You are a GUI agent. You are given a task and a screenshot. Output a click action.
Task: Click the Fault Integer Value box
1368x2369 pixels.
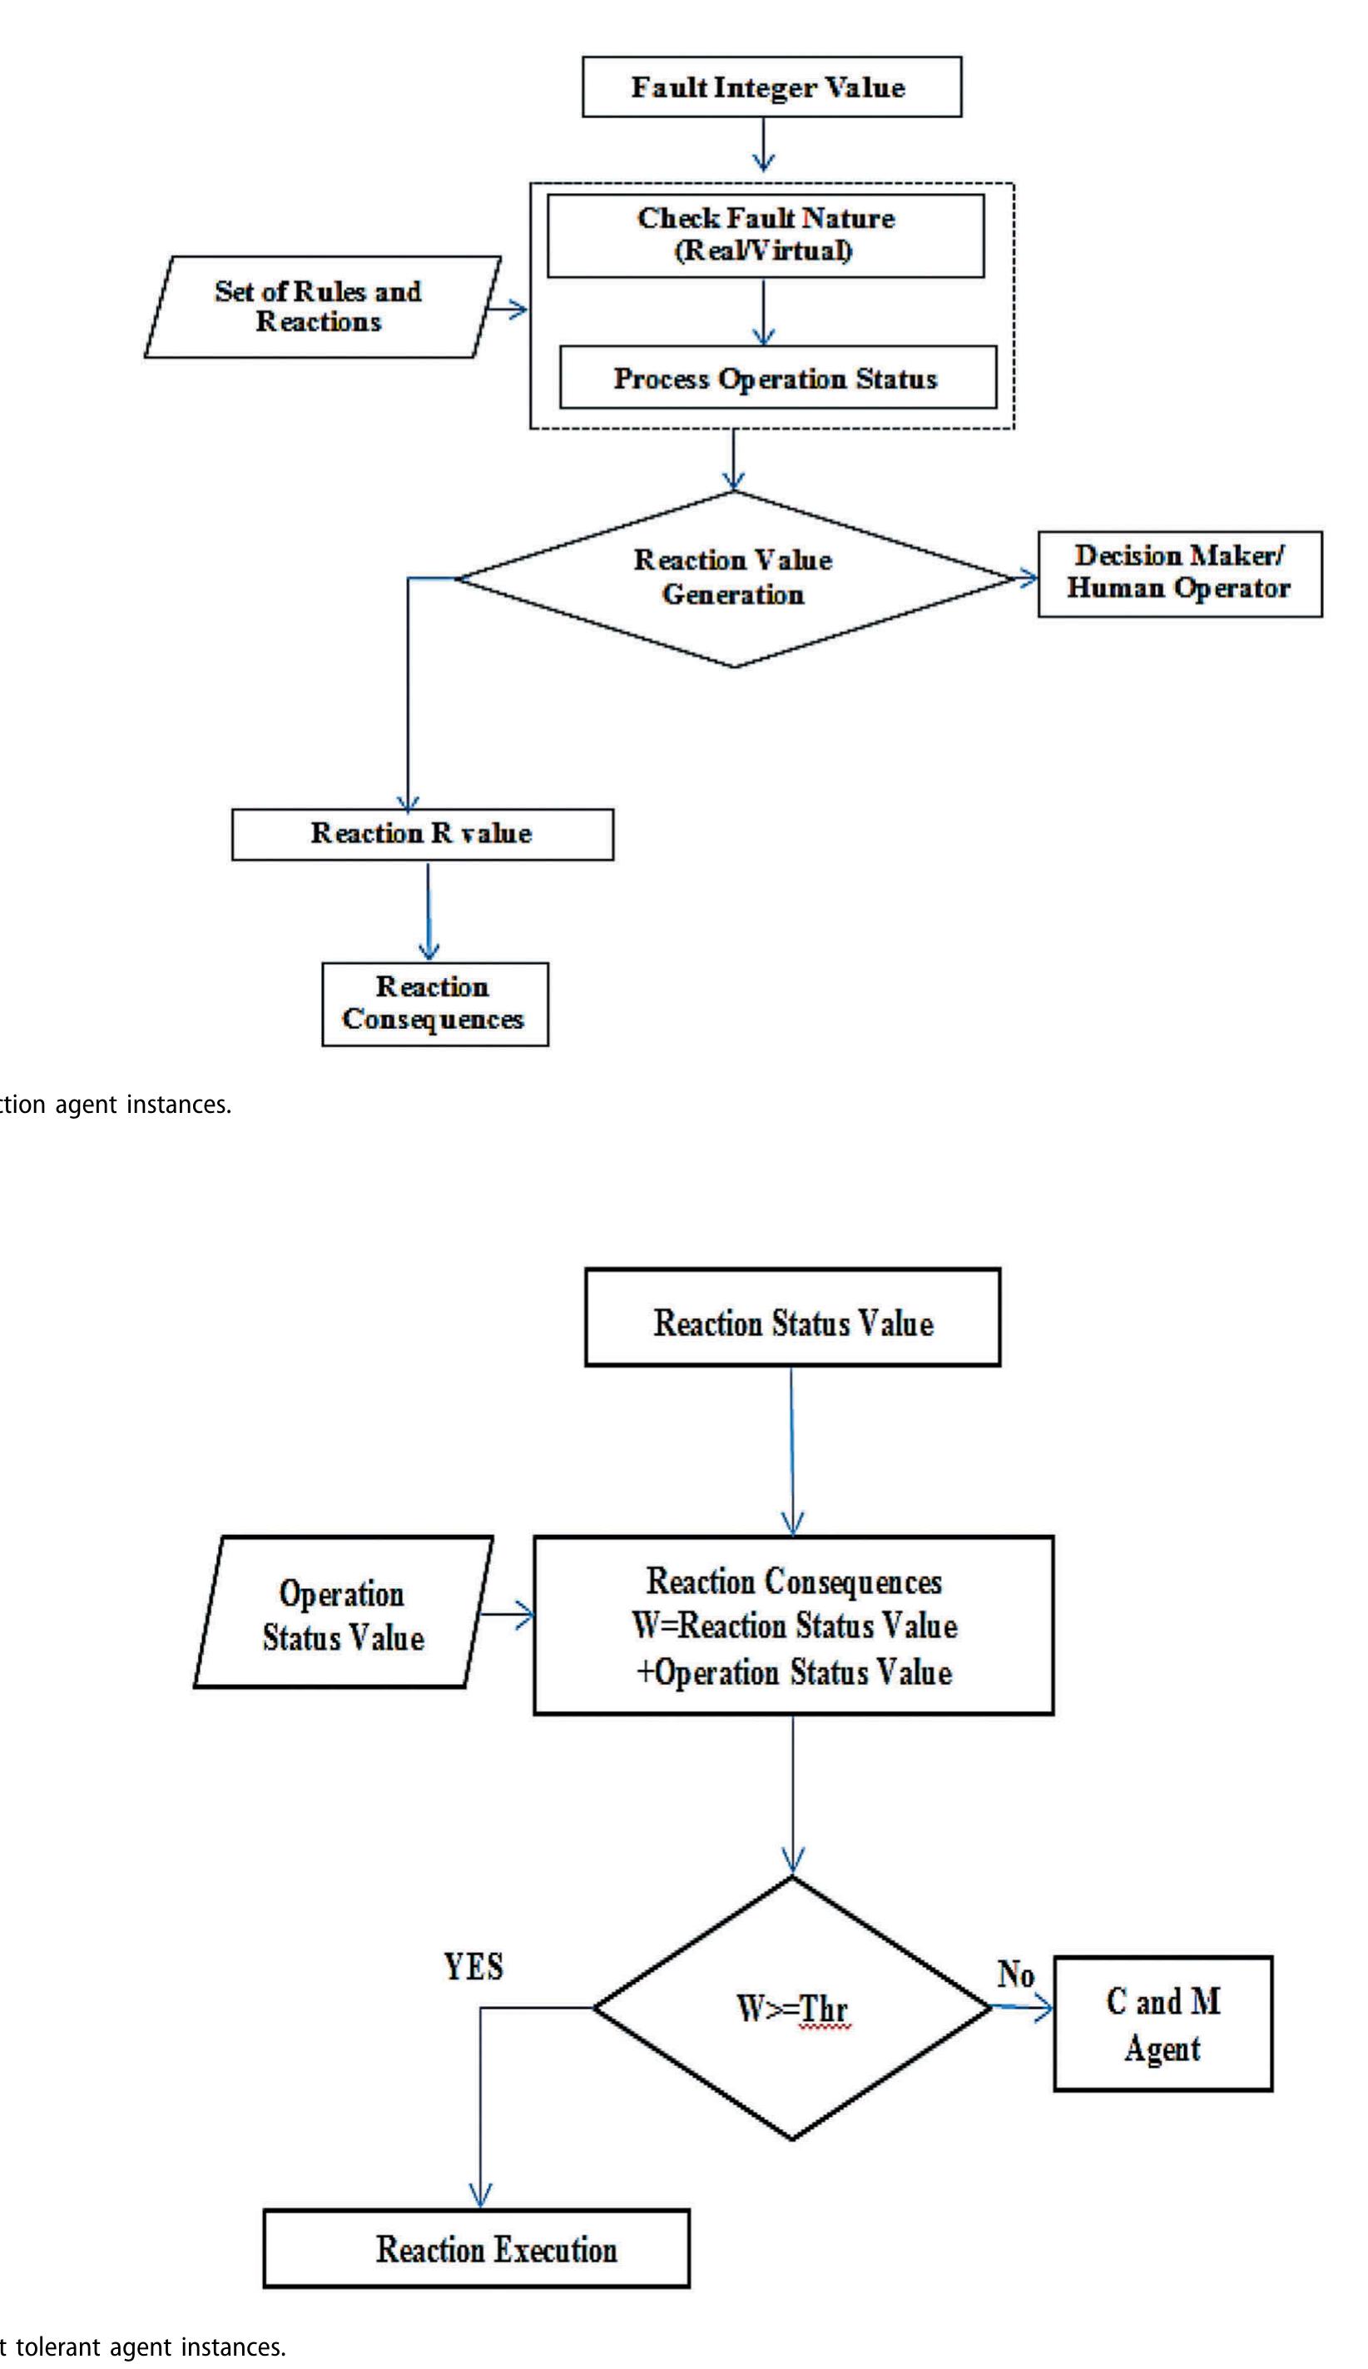tap(771, 87)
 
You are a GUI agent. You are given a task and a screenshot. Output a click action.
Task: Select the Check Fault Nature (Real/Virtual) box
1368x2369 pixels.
tap(765, 235)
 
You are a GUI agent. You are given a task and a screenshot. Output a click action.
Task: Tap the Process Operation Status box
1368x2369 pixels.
tap(777, 378)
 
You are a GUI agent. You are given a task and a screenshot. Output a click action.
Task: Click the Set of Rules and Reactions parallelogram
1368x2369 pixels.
tap(320, 306)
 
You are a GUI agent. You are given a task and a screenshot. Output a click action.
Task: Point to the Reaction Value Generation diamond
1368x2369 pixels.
tap(734, 578)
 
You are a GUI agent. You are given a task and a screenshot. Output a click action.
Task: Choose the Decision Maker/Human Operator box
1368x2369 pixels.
tap(1178, 574)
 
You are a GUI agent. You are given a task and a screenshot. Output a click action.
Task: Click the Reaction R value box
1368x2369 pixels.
tap(422, 833)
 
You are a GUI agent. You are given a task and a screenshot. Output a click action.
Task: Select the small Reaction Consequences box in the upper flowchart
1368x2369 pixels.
tap(434, 1004)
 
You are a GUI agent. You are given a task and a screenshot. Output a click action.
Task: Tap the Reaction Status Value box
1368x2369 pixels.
tap(792, 1317)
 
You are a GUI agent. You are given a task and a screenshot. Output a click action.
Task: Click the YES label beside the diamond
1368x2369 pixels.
tap(473, 1966)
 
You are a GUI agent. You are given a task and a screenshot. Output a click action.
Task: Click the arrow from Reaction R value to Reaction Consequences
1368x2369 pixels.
tap(429, 910)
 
